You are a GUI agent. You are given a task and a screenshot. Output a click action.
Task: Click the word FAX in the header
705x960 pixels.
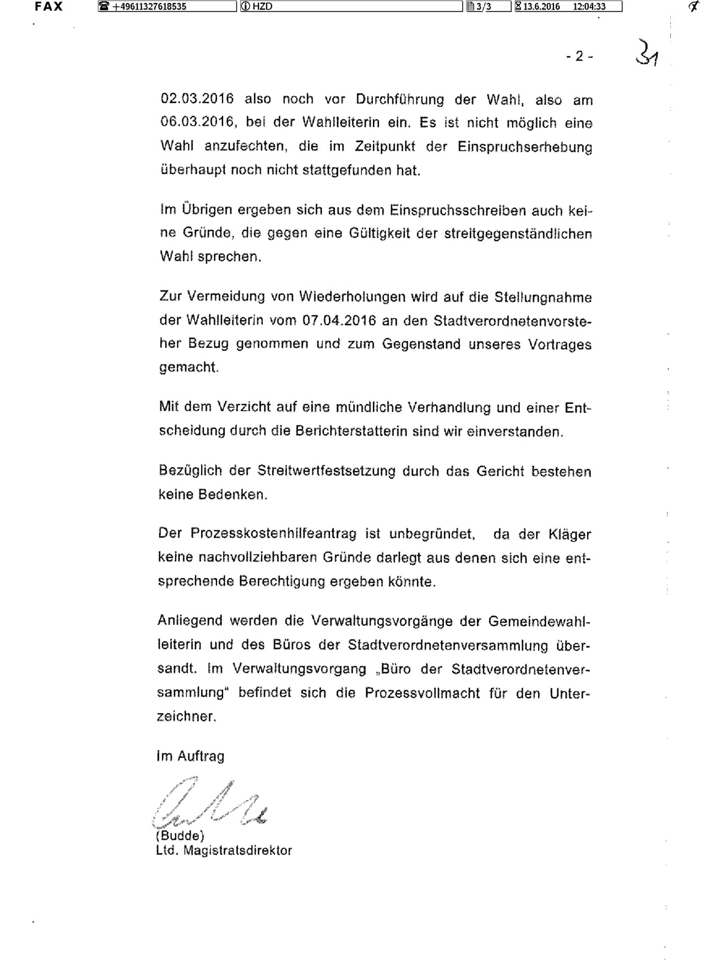pyautogui.click(x=49, y=7)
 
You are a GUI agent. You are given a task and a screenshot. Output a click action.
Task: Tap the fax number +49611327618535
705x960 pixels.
pyautogui.click(x=149, y=7)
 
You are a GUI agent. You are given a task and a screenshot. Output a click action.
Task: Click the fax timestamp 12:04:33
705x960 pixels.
pyautogui.click(x=589, y=7)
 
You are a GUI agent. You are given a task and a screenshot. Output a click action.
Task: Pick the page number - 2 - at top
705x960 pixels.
pyautogui.click(x=579, y=56)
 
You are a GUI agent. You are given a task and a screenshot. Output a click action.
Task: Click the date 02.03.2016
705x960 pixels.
pyautogui.click(x=197, y=99)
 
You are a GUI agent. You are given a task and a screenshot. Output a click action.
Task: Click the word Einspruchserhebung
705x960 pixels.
pyautogui.click(x=525, y=147)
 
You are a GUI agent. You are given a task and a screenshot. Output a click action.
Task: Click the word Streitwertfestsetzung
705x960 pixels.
pyautogui.click(x=327, y=471)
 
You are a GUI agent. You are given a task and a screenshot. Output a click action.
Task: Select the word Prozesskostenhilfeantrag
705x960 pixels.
pyautogui.click(x=274, y=534)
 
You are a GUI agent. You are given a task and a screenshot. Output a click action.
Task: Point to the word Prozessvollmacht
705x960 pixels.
pyautogui.click(x=422, y=693)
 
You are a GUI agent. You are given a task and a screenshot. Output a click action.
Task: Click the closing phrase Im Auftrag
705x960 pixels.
pyautogui.click(x=191, y=757)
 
